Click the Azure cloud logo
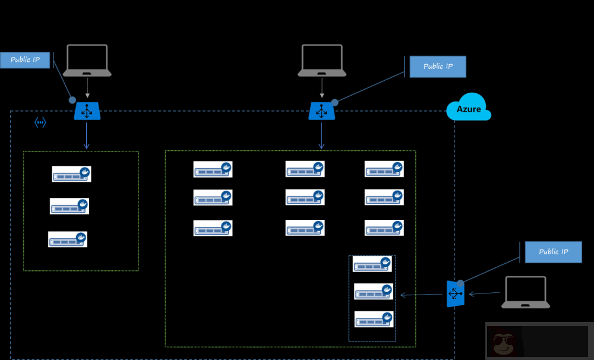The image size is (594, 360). (x=469, y=108)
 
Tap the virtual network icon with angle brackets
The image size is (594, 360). (x=40, y=123)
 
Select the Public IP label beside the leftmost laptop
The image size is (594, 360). (x=25, y=60)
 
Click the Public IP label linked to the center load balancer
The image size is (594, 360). (x=438, y=67)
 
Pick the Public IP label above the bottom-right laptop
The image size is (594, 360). (x=553, y=252)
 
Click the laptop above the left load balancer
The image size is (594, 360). (x=87, y=61)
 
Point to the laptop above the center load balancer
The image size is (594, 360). (x=322, y=61)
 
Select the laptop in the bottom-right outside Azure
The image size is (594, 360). (x=525, y=292)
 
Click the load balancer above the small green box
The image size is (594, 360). (x=87, y=111)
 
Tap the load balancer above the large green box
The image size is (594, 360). (x=321, y=111)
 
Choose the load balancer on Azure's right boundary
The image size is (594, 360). (x=455, y=294)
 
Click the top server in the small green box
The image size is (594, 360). (x=71, y=174)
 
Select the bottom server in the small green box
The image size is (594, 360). (x=68, y=239)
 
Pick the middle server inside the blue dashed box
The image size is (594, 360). (x=374, y=292)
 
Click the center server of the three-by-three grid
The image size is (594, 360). (x=305, y=197)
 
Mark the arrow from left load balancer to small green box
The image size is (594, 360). (x=87, y=136)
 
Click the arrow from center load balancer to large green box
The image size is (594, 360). (x=321, y=136)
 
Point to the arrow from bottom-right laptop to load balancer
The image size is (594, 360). (x=484, y=293)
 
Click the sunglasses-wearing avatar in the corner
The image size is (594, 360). (x=504, y=343)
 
